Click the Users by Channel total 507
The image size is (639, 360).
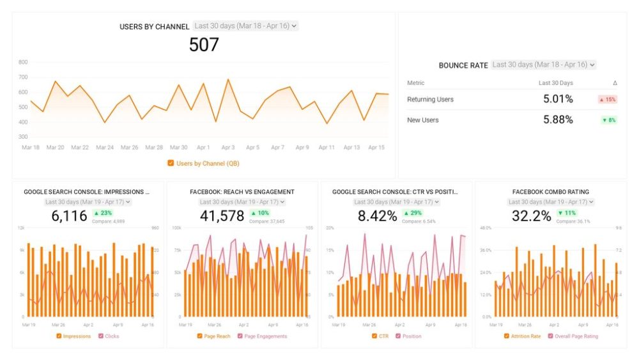tap(204, 45)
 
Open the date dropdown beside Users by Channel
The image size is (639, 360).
tap(245, 26)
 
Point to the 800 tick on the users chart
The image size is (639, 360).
tap(23, 62)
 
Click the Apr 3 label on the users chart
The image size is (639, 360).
tap(227, 147)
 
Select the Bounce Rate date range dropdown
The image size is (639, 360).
tap(543, 65)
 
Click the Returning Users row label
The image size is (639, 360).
tap(430, 100)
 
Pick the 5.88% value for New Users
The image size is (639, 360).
tap(558, 120)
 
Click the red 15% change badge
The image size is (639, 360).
tap(608, 100)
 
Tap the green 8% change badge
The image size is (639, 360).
tap(608, 120)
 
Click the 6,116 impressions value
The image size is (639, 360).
tap(69, 216)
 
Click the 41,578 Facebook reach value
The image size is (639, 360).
tap(222, 216)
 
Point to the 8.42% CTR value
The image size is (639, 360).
tap(377, 216)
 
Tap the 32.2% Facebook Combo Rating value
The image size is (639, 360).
tap(531, 216)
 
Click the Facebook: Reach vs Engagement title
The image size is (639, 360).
tap(242, 192)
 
